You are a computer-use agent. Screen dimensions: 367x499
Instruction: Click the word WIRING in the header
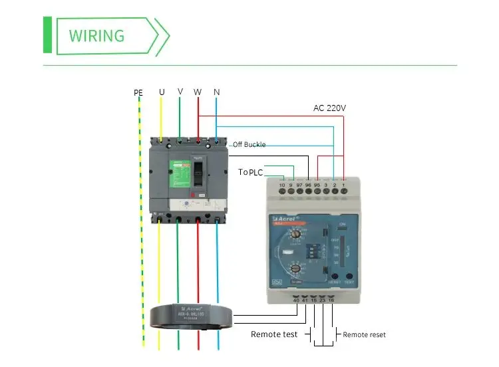click(x=96, y=35)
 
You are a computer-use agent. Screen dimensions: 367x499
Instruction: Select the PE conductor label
click(x=138, y=92)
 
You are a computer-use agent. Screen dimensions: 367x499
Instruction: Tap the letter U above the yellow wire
click(x=162, y=92)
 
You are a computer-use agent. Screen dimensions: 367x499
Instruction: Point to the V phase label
click(x=180, y=91)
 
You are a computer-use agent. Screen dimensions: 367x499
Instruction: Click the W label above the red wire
click(x=198, y=92)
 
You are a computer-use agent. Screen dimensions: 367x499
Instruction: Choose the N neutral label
click(x=217, y=92)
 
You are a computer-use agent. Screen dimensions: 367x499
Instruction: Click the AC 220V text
click(x=329, y=108)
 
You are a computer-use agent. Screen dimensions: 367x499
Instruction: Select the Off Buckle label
click(x=249, y=144)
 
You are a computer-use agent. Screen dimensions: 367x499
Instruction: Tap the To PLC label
click(x=251, y=172)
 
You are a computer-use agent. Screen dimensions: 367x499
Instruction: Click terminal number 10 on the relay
click(x=282, y=184)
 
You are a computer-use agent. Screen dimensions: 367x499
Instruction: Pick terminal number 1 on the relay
click(x=343, y=184)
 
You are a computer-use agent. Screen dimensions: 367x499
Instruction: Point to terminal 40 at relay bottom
click(x=296, y=301)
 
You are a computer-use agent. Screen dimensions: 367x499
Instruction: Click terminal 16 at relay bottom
click(x=331, y=301)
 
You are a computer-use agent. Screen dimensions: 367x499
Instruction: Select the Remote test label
click(x=273, y=334)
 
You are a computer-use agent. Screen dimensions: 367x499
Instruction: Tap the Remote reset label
click(x=364, y=334)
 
